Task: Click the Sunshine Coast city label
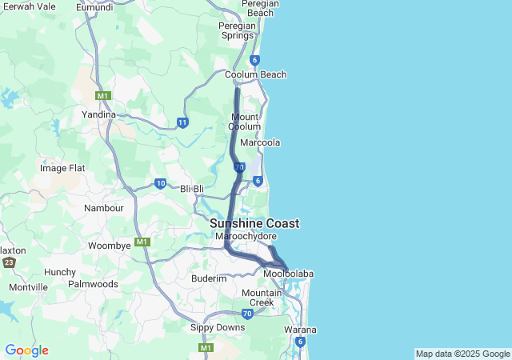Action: (x=254, y=223)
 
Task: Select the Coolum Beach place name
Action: (x=255, y=74)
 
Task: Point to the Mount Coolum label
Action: (x=244, y=122)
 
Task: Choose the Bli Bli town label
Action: (x=193, y=188)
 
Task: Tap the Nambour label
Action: (x=104, y=208)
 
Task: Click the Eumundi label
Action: (x=94, y=7)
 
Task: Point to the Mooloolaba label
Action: (x=288, y=274)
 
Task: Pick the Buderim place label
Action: (x=209, y=278)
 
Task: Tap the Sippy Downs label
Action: (x=217, y=328)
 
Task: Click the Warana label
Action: (x=300, y=330)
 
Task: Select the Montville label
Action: (x=28, y=287)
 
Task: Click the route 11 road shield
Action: (x=182, y=122)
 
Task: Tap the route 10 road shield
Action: (x=160, y=183)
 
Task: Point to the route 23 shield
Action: (x=9, y=262)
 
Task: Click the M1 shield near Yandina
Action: (x=102, y=96)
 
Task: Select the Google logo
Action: (x=26, y=350)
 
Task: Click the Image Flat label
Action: (x=62, y=168)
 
